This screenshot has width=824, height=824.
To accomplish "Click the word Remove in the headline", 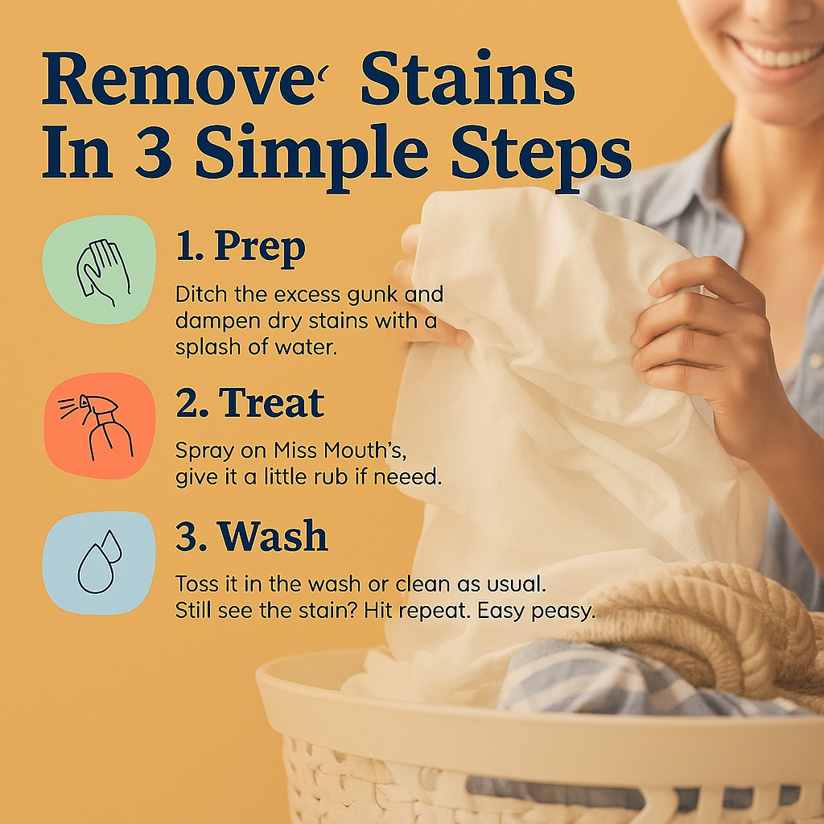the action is [179, 79].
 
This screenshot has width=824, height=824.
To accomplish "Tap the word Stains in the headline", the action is [468, 78].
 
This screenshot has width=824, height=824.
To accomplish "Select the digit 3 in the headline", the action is [154, 152].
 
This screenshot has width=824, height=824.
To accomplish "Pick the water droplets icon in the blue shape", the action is [99, 561].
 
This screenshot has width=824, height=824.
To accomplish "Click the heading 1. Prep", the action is [240, 246].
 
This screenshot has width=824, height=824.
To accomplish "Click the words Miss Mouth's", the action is [340, 450].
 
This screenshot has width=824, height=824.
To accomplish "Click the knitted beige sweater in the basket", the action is [704, 631].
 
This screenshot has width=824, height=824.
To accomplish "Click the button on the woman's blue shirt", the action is [815, 360].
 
